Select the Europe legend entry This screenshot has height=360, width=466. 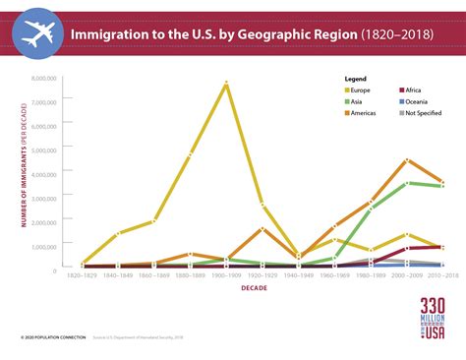click(365, 90)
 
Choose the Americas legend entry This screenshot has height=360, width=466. click(368, 114)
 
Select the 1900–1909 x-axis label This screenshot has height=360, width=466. click(226, 276)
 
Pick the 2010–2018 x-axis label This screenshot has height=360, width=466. click(440, 276)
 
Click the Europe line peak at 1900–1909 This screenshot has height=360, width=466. click(226, 83)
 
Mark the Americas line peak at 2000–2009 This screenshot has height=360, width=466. click(408, 159)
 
